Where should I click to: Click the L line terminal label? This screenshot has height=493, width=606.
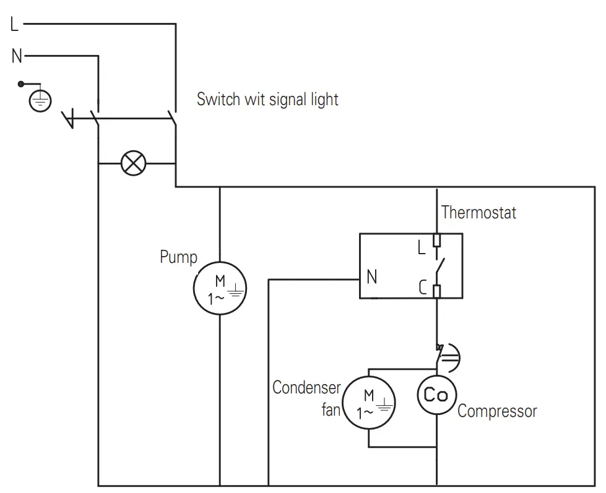(x=15, y=25)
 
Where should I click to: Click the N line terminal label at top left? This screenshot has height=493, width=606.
(x=17, y=57)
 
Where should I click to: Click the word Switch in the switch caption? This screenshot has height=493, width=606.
(x=217, y=99)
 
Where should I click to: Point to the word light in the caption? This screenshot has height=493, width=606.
(x=323, y=100)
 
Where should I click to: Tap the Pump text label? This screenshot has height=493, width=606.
(x=178, y=257)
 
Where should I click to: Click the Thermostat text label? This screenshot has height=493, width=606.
(x=478, y=213)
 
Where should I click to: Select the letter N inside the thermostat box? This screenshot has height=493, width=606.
(x=371, y=278)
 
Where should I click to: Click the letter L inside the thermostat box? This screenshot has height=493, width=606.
(x=422, y=247)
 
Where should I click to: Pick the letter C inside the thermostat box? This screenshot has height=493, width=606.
(x=422, y=288)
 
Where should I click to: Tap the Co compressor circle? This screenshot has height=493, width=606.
(x=436, y=395)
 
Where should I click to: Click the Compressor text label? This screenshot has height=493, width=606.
(x=497, y=411)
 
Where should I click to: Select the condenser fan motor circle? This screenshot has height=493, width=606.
(x=369, y=402)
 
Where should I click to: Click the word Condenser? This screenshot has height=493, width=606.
(x=306, y=388)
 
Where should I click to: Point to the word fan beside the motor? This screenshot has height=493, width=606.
(x=331, y=409)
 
